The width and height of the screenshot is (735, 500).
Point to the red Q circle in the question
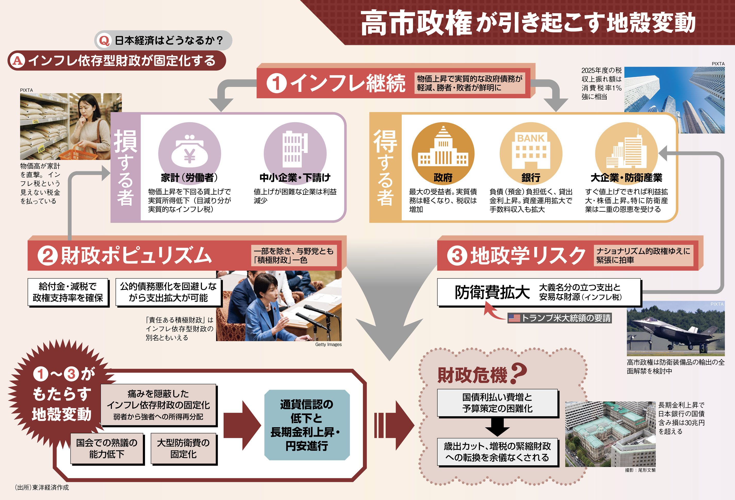click(x=104, y=41)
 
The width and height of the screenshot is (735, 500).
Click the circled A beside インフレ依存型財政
click(x=17, y=60)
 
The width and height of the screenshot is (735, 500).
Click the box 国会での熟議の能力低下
click(x=107, y=448)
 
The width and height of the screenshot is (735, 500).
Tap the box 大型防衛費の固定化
click(x=183, y=448)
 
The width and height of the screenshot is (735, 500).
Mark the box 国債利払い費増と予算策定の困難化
click(x=497, y=402)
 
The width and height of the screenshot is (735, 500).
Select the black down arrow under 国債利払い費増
click(x=497, y=427)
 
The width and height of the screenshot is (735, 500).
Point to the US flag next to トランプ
click(x=514, y=318)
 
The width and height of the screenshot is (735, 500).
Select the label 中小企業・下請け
click(x=295, y=178)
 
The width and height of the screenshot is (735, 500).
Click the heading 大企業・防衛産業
click(x=626, y=178)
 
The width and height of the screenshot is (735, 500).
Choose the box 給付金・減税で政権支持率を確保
click(x=68, y=292)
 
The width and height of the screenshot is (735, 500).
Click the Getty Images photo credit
click(x=328, y=345)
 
